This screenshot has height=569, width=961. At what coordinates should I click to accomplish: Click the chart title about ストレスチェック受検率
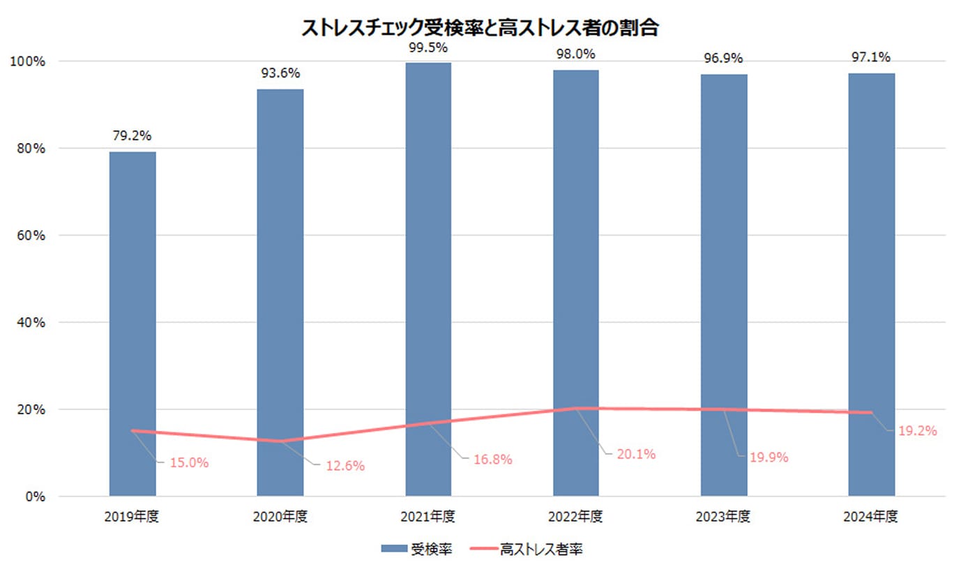[480, 28]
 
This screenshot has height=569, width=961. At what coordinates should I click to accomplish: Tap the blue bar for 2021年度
[428, 279]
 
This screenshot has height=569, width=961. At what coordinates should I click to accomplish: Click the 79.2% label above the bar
[133, 136]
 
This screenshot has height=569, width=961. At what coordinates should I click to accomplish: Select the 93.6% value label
[280, 73]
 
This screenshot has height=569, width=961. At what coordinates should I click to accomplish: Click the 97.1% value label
[872, 57]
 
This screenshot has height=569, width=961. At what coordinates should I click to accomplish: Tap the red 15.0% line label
[190, 462]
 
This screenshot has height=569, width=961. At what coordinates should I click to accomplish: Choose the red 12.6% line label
[345, 466]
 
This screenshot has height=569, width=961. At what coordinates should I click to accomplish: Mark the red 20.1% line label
[636, 455]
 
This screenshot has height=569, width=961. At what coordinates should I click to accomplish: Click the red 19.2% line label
[917, 431]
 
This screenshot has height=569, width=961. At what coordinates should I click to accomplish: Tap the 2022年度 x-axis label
[575, 517]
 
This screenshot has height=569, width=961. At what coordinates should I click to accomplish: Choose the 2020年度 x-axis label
[280, 517]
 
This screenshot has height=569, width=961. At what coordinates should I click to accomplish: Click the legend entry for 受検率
[418, 549]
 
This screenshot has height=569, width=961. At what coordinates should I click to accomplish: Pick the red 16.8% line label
[492, 460]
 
